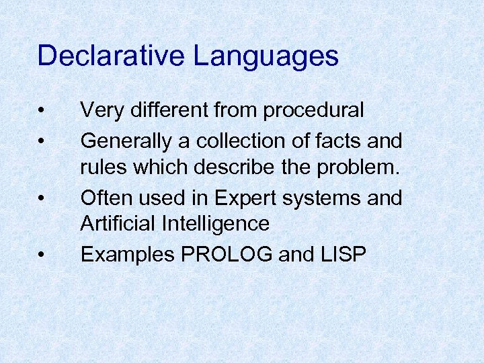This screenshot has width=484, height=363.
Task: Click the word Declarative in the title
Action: click(x=111, y=56)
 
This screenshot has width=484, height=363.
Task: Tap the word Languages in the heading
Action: click(x=266, y=56)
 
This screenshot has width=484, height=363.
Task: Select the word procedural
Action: click(x=313, y=110)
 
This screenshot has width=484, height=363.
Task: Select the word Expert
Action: click(x=245, y=198)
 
